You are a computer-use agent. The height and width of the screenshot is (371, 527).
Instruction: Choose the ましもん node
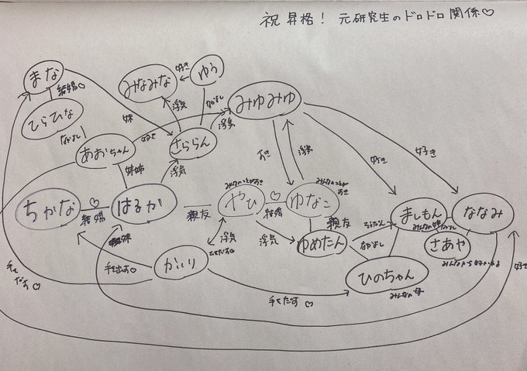[415, 215]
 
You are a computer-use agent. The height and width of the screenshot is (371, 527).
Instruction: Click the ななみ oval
[487, 212]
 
